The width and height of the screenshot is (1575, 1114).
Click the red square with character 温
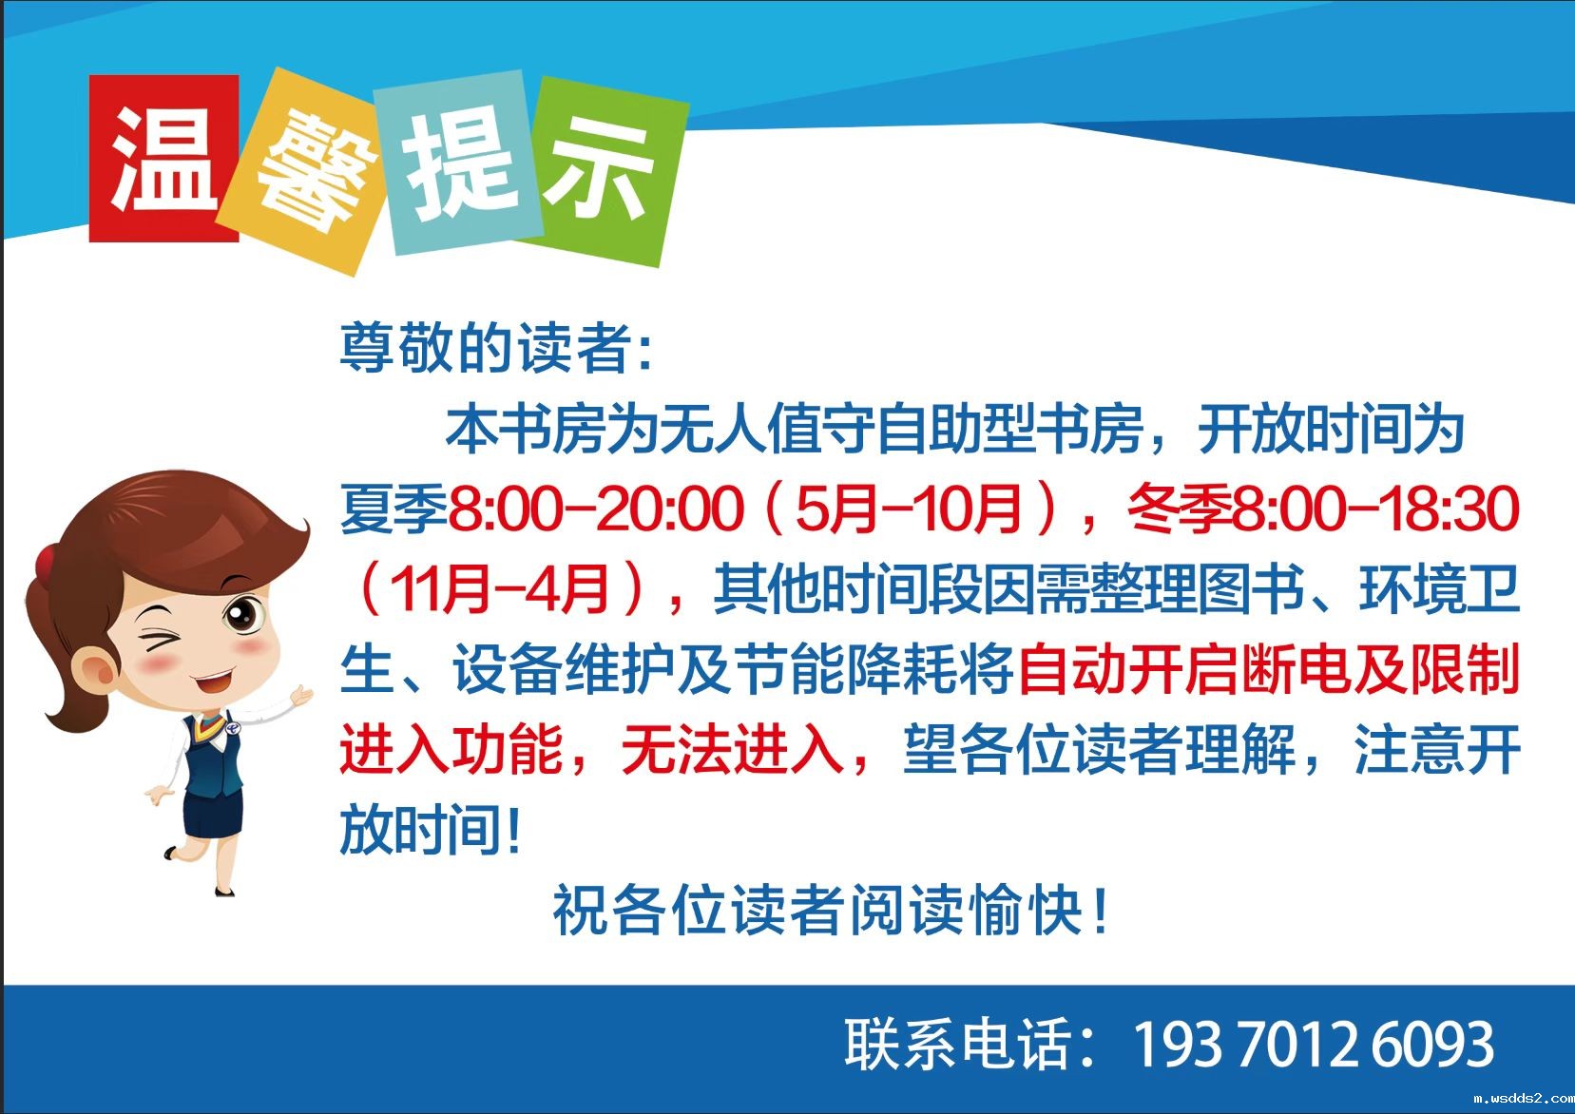click(x=163, y=158)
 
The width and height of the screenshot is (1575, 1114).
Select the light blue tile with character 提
click(x=458, y=163)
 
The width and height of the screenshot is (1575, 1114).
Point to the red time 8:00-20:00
click(x=596, y=508)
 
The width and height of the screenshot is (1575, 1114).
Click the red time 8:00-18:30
click(x=1375, y=508)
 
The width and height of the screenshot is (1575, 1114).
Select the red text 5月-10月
click(x=908, y=508)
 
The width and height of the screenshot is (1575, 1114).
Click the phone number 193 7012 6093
click(x=1314, y=1045)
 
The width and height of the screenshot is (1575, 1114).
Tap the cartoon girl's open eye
click(x=243, y=614)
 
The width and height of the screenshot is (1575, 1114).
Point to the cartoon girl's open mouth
click(x=212, y=681)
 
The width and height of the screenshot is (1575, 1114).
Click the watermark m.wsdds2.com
click(x=1523, y=1098)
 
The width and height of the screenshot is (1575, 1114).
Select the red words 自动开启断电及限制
click(x=1268, y=669)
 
